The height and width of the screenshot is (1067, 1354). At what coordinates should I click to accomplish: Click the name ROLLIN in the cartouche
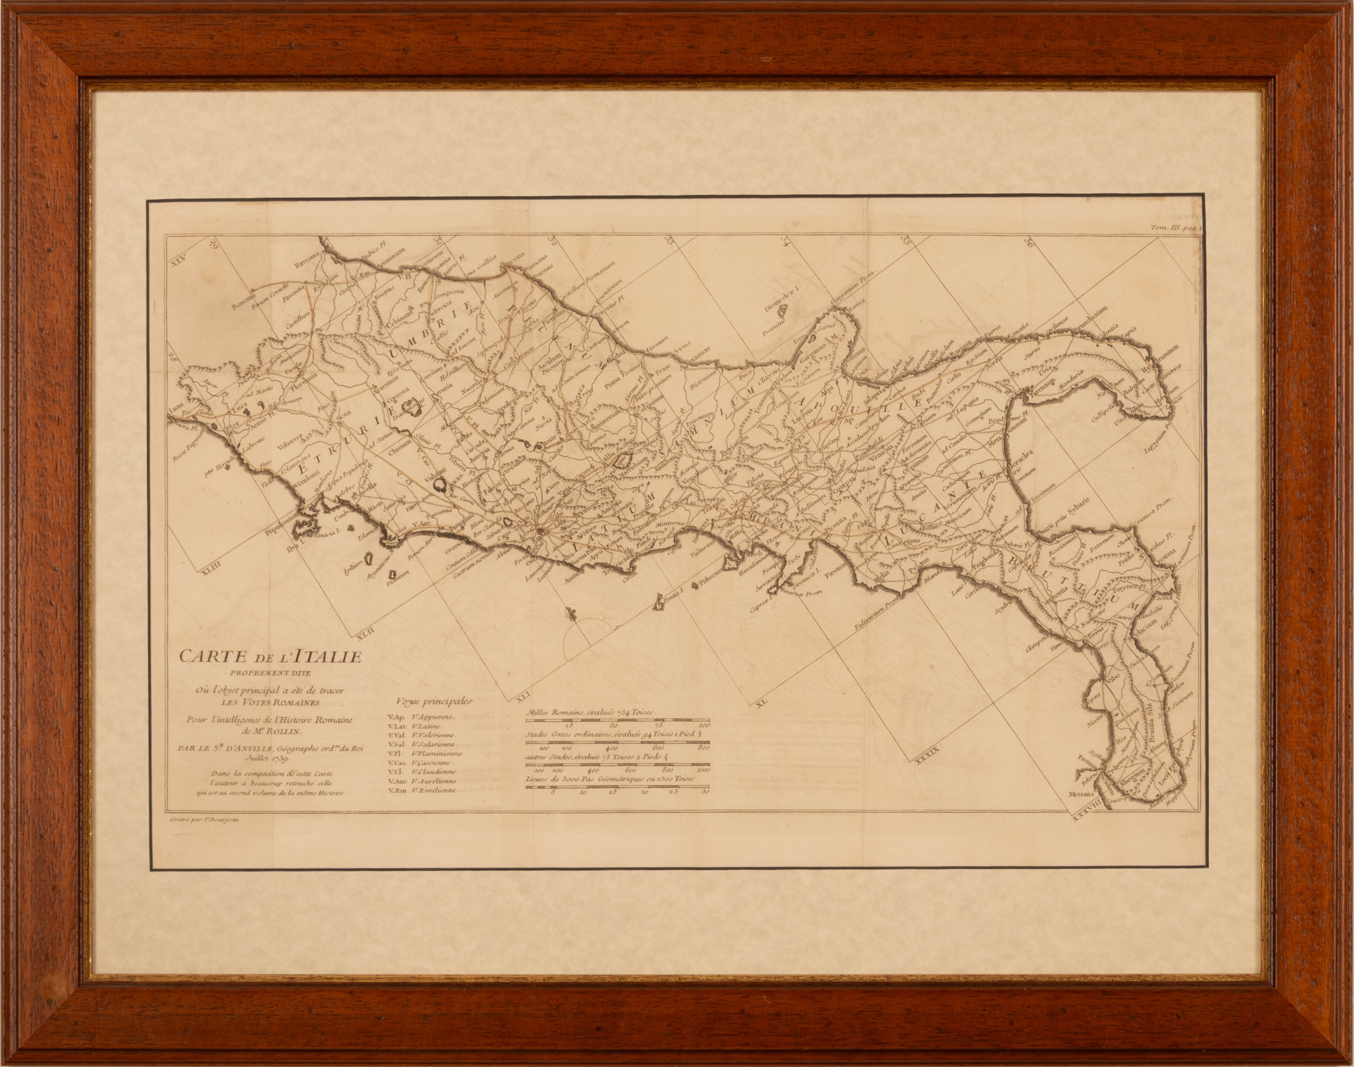point(284,731)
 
